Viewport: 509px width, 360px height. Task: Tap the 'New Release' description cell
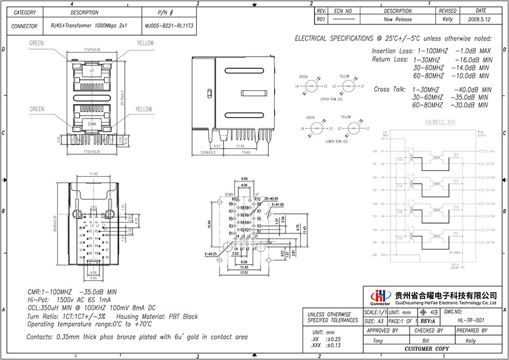(x=397, y=19)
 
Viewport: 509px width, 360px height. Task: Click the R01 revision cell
(x=322, y=19)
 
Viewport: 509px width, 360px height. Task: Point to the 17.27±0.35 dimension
(x=92, y=50)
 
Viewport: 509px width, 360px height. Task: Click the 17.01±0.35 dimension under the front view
(x=92, y=151)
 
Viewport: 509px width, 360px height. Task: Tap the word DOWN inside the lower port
(x=92, y=124)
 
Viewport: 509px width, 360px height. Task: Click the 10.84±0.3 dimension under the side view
(x=200, y=152)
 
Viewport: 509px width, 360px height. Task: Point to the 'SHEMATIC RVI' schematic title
(x=441, y=122)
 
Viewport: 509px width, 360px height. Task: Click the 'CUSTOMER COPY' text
(x=426, y=349)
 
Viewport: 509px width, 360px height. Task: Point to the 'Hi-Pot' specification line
(x=69, y=300)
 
